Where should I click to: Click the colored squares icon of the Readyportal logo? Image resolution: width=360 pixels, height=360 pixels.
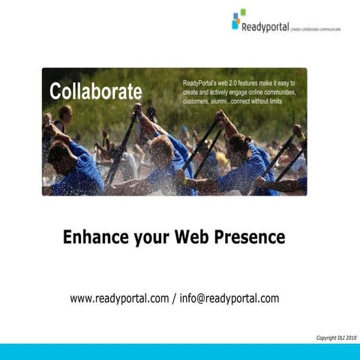click(238, 19)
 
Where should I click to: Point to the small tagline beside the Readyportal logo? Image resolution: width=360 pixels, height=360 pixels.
click(316, 29)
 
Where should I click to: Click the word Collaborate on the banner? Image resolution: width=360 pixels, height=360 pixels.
click(95, 91)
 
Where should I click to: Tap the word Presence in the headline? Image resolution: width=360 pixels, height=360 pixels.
click(250, 238)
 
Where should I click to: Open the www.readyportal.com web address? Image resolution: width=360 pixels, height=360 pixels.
click(119, 298)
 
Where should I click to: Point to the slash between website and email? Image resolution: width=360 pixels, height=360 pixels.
click(175, 298)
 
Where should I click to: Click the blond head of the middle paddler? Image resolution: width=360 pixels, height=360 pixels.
click(160, 148)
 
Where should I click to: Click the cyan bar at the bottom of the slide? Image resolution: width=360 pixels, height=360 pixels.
click(180, 352)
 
